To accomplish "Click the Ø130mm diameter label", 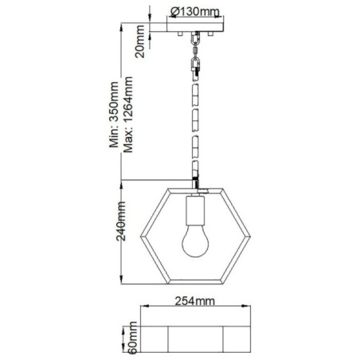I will tap(196, 11).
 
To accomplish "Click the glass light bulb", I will tap(194, 242).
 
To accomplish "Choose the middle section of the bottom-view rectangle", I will tap(194, 337).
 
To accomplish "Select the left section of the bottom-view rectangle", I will tap(154, 337).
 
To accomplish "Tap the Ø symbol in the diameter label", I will tap(174, 11).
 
